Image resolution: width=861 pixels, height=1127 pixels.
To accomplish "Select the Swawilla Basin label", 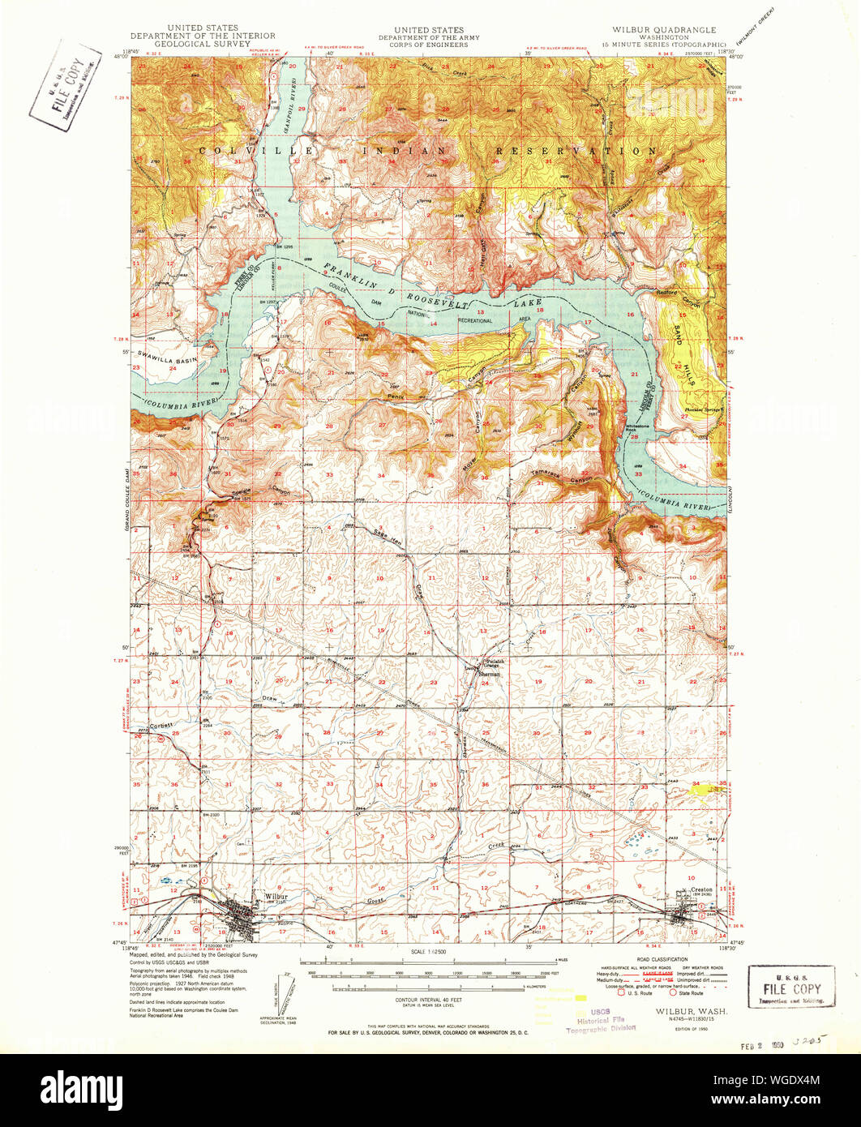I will click(x=167, y=357).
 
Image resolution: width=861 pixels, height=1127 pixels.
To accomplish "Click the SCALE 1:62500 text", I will click(x=430, y=950).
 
